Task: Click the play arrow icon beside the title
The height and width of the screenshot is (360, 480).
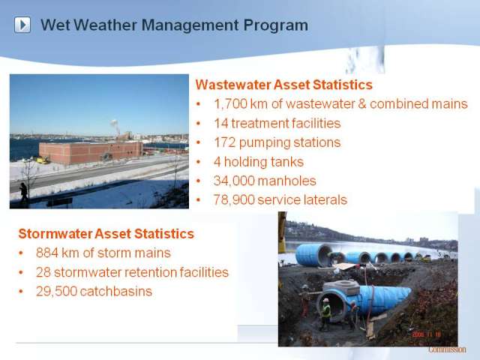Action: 22,25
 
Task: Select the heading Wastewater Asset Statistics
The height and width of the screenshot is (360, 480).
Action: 283,85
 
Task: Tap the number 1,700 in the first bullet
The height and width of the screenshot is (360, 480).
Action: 230,103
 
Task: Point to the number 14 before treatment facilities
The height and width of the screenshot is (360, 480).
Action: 221,123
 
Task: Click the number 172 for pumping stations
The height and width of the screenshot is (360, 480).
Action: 225,142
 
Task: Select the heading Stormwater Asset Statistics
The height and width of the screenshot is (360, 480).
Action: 106,233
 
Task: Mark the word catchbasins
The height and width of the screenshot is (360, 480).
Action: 116,292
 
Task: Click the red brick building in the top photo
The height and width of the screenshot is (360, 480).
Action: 91,152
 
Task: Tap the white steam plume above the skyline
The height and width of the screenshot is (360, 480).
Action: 115,126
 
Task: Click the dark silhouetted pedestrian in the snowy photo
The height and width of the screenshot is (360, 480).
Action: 23,193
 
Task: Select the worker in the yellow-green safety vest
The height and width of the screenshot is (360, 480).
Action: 325,313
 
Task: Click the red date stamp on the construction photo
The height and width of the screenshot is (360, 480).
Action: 426,334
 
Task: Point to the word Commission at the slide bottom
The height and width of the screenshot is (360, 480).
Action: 447,349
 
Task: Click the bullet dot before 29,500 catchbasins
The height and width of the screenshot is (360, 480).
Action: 21,292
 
